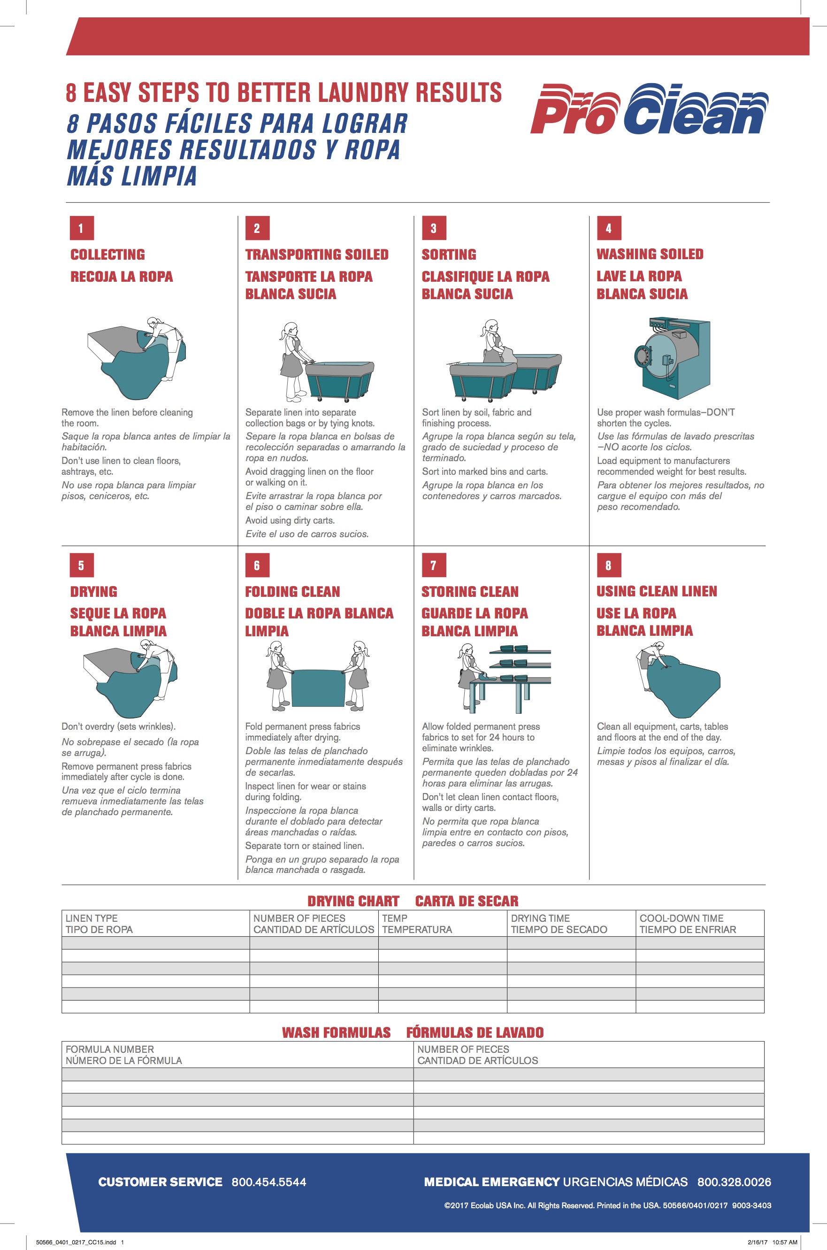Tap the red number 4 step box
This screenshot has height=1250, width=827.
(x=609, y=229)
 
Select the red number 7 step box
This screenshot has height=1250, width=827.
(x=434, y=565)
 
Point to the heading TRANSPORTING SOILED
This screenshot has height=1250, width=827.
(x=316, y=255)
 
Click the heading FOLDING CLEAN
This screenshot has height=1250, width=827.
(x=292, y=592)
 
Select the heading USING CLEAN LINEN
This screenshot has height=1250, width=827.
(x=657, y=592)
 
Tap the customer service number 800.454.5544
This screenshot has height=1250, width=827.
(x=268, y=1182)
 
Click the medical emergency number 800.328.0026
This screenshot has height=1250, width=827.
(x=734, y=1182)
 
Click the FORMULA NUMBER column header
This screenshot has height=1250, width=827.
(x=123, y=1055)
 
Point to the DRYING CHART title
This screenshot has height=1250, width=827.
(x=353, y=901)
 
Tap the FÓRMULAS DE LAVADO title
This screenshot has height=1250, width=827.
(x=475, y=1033)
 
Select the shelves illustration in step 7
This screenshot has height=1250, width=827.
(x=520, y=665)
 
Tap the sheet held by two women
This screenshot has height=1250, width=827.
(x=317, y=688)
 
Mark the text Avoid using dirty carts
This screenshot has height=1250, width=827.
(x=290, y=520)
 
